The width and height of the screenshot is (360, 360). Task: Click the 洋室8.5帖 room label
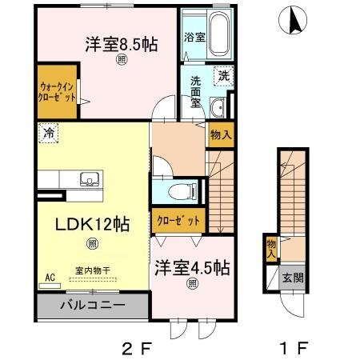point(120,46)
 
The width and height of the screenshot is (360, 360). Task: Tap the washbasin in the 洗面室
point(217,108)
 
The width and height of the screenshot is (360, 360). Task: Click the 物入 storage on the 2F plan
point(221,135)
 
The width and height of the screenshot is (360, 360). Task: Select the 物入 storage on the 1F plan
point(271,249)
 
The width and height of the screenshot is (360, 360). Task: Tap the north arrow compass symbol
point(294,19)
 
